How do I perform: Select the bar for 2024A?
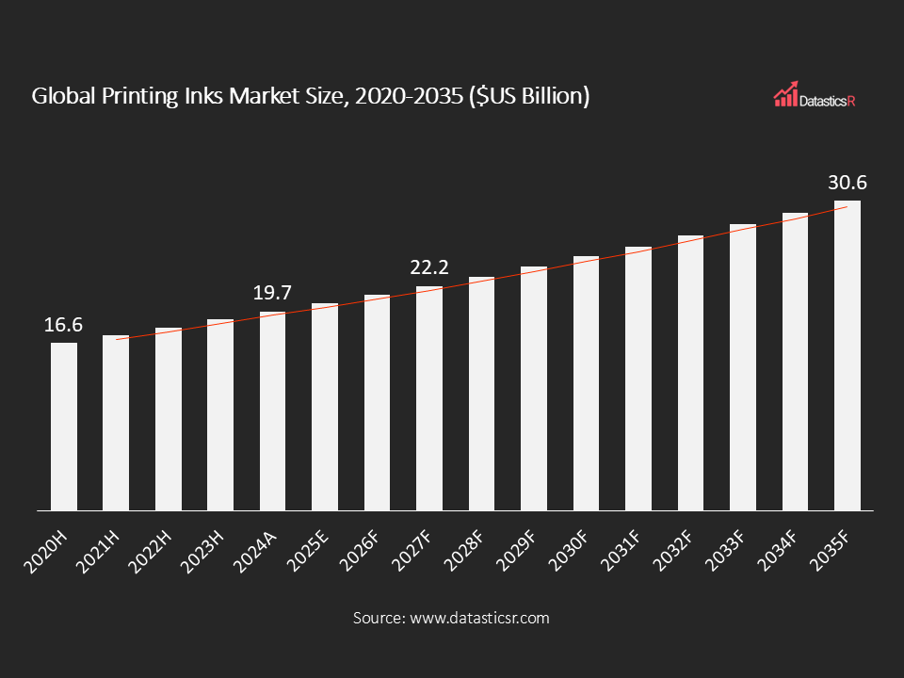tap(273, 412)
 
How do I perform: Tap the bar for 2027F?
tap(429, 398)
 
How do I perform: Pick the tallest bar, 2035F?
tap(847, 356)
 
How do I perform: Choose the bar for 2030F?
tap(586, 383)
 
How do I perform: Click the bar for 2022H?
tap(169, 419)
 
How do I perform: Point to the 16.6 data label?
tap(64, 325)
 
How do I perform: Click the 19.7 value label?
tap(273, 294)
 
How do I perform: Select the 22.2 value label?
tap(429, 268)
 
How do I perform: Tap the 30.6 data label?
tap(847, 183)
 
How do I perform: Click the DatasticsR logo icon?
tap(785, 94)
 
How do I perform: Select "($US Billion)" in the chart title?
tap(529, 96)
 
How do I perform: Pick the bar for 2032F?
tap(690, 373)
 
